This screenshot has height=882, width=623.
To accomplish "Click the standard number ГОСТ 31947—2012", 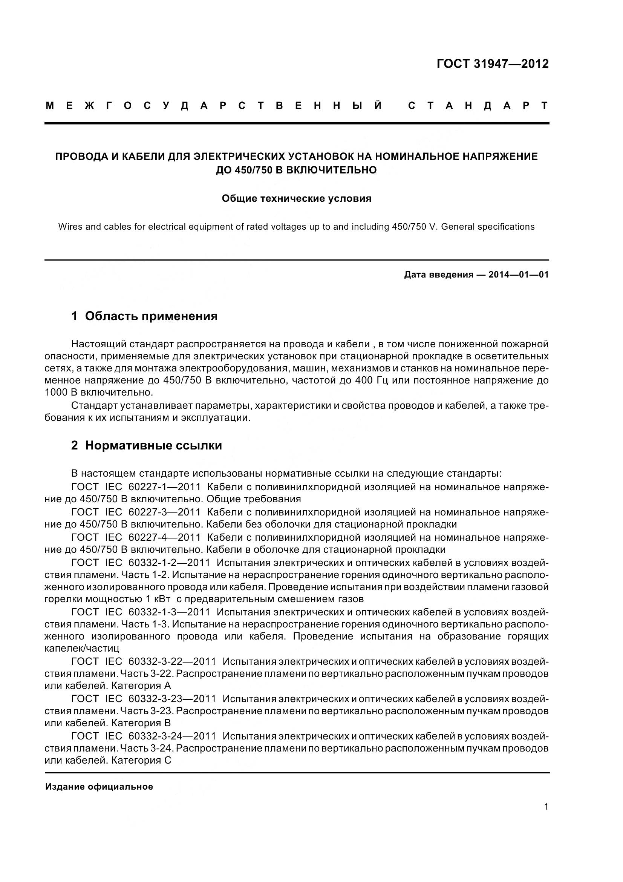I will (493, 64).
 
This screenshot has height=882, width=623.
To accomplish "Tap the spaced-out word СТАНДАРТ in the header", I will (478, 106).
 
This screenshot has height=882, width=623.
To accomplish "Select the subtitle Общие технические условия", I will (296, 199).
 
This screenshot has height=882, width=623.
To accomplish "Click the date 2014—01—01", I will (518, 275).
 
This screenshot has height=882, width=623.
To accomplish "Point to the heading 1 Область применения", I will (144, 316).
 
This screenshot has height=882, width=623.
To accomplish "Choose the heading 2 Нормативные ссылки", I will (147, 446).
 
